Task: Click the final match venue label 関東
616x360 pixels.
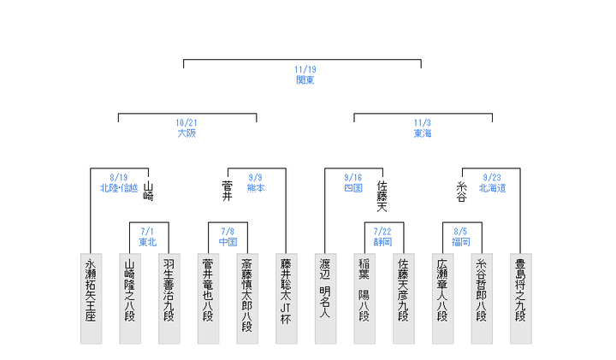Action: [x=305, y=79]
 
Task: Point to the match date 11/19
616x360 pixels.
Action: [x=305, y=68]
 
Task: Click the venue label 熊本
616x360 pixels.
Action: [x=256, y=187]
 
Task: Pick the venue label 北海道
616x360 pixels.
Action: [x=491, y=187]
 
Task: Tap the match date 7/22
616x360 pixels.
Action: [x=382, y=231]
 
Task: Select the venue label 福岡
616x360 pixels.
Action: [x=461, y=241]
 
